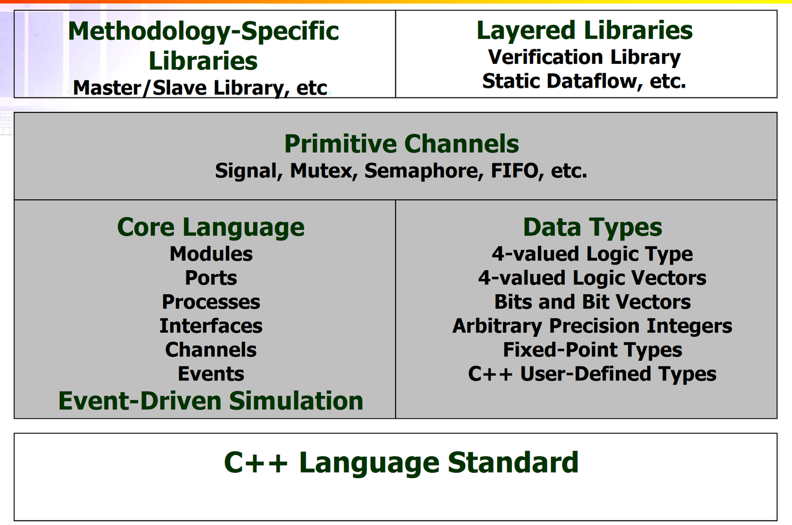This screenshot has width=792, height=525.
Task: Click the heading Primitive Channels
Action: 402,144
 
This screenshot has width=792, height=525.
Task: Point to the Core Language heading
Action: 211,227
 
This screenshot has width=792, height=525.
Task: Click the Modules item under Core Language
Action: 211,254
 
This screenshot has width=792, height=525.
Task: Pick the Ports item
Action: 211,278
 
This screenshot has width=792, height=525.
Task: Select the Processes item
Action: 211,302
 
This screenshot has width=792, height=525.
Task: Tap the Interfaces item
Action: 211,325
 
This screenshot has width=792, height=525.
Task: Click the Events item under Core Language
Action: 211,374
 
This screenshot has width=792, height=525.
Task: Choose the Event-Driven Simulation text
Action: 211,401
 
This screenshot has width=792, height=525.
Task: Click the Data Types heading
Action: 592,227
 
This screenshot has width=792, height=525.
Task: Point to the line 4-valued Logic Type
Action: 592,254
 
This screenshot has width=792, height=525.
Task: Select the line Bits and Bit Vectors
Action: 592,302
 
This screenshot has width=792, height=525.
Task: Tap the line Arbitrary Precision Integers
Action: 592,326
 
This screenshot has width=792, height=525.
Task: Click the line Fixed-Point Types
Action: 592,350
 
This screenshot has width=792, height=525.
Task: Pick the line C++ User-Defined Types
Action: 592,374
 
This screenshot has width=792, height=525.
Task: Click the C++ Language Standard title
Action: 402,463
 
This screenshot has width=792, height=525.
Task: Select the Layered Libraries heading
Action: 585,31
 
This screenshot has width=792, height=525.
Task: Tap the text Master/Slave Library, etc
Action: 200,88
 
